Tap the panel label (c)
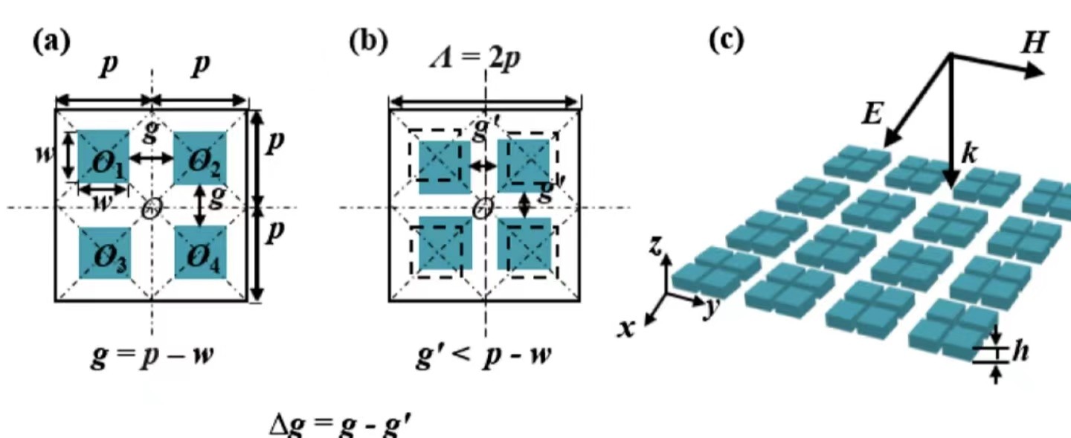725,41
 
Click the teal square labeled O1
103,157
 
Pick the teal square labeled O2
200,158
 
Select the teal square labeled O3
105,253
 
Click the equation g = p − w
151,355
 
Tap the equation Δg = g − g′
342,425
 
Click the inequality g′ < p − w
483,355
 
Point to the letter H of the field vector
1033,43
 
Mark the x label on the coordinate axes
628,327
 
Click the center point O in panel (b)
484,207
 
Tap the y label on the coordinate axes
709,310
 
